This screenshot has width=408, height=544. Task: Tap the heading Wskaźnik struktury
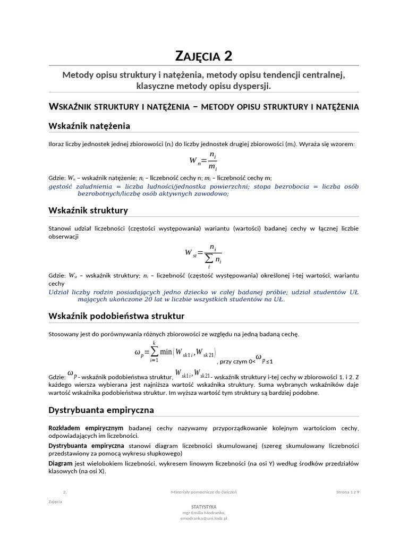coord(88,210)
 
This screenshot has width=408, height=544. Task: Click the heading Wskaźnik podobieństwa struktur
coord(116,316)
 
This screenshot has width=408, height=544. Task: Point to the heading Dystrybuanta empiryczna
coord(101,410)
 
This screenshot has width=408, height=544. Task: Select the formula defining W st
coord(203,253)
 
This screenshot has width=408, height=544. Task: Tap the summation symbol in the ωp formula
coord(154,351)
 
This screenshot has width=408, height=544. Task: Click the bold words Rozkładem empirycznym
coord(86,428)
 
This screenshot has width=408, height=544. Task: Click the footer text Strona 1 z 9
coord(347,492)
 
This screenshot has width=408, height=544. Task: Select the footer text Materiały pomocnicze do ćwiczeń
coord(203,492)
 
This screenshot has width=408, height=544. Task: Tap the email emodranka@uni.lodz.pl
coord(203,518)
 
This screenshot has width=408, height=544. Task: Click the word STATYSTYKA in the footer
coord(203,507)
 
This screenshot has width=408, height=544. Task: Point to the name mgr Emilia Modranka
coord(203,513)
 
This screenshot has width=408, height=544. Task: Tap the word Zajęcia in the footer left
coord(55,501)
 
